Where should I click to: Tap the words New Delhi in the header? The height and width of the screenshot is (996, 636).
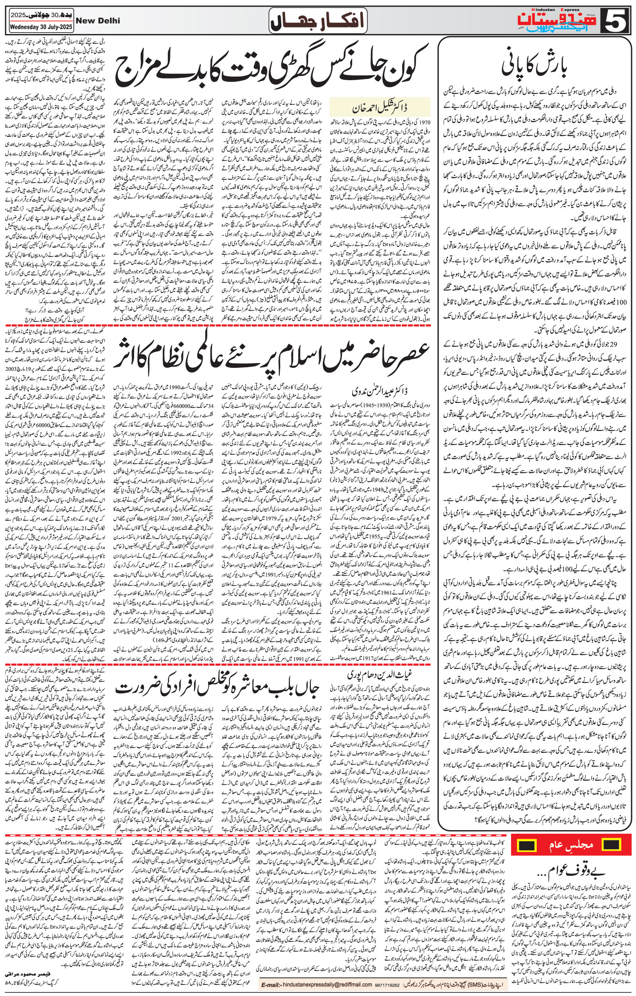tap(98, 20)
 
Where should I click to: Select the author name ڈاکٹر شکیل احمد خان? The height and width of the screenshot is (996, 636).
tap(380, 108)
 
